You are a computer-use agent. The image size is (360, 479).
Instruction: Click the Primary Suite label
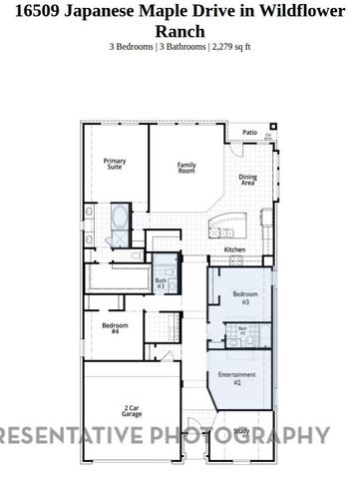tap(115, 164)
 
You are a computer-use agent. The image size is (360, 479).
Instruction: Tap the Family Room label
tap(186, 167)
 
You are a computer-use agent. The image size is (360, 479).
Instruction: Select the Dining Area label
tap(247, 180)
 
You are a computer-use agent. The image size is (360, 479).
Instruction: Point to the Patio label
tap(250, 131)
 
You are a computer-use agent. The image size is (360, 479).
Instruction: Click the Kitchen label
tap(234, 249)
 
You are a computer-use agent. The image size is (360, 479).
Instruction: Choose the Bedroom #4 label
tap(115, 327)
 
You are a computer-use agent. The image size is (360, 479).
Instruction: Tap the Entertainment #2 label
tap(230, 377)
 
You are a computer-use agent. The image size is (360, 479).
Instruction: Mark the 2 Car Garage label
tap(131, 410)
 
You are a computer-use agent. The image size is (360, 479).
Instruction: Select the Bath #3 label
tap(161, 283)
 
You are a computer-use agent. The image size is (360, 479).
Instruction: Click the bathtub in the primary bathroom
tap(118, 216)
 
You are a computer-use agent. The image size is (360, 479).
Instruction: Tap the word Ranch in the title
tap(180, 31)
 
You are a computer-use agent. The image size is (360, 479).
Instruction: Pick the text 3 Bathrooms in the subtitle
tap(180, 46)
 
